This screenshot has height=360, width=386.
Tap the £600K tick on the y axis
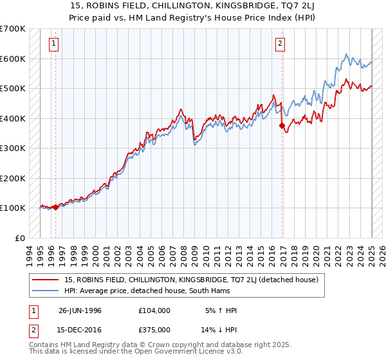click(x=13, y=59)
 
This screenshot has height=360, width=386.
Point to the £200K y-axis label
click(x=13, y=178)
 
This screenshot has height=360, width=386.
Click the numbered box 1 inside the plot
click(x=53, y=44)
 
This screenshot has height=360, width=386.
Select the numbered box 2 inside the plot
click(x=280, y=44)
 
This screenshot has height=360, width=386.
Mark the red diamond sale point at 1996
click(x=56, y=207)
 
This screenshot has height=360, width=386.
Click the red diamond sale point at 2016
click(x=282, y=126)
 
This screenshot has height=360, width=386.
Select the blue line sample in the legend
click(x=46, y=291)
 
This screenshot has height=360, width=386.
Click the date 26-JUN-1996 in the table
click(x=80, y=310)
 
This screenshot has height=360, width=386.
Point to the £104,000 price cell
click(x=154, y=310)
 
